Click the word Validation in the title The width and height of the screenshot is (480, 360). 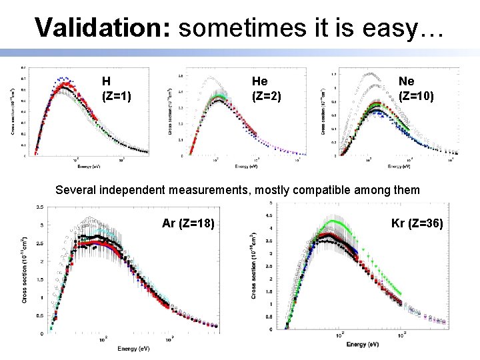coord(103,27)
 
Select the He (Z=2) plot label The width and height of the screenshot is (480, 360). coord(266,89)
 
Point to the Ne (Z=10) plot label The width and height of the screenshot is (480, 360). coord(416,89)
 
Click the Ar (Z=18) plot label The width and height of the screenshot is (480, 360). coord(189,223)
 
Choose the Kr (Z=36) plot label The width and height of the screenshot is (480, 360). coord(416,223)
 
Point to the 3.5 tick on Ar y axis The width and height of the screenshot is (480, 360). coord(40,207)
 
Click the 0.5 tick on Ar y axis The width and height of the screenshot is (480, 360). coord(40,315)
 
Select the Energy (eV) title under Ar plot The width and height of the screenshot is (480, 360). coord(133,349)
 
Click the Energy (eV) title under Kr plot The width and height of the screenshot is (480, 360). coord(363,344)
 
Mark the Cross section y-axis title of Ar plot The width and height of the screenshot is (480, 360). coord(25,270)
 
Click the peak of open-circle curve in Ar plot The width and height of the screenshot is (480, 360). coord(90,219)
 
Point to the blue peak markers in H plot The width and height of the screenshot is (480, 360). coord(63,79)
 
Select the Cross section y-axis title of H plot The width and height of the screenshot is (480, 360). coord(12,110)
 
